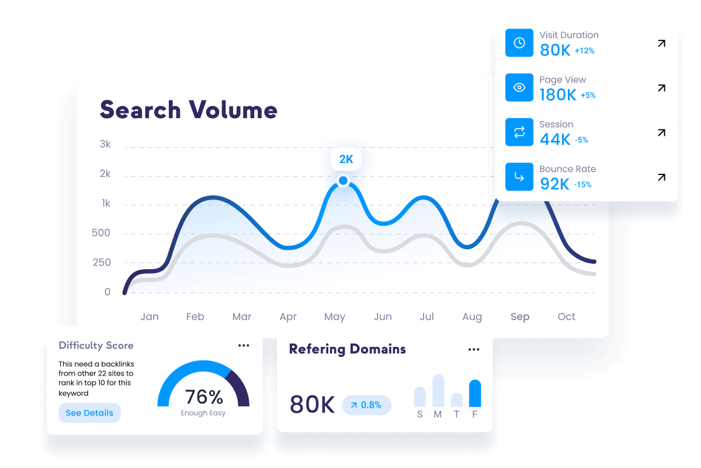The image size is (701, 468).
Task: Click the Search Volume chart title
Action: point(188,110)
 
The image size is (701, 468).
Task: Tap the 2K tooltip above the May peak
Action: point(346,159)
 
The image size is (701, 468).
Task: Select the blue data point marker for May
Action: point(343,181)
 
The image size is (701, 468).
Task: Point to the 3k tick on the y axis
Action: point(105,144)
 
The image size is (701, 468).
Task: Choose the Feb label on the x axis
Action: point(195,316)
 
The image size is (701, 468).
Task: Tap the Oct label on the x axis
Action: point(566,316)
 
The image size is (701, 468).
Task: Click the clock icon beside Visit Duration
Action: point(519,43)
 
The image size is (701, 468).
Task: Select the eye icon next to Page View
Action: point(519,88)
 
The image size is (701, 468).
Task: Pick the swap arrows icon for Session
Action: point(519,132)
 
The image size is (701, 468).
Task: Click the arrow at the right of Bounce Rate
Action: point(661,177)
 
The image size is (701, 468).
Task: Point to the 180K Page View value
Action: point(558,95)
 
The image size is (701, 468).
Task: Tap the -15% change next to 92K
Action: point(582,185)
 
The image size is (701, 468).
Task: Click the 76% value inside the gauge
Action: point(203,397)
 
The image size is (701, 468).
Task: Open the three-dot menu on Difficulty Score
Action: point(244,346)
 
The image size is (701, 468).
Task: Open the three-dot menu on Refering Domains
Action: point(474,350)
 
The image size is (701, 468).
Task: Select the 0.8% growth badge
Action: point(366,405)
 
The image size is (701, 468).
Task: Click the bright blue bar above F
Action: point(475,394)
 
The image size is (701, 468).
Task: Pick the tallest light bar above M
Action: point(438,391)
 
